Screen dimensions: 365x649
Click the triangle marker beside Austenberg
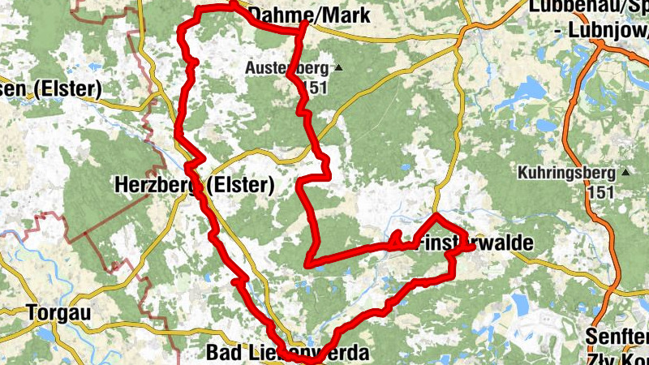tap(338, 68)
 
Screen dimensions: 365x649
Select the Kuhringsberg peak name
tap(568, 173)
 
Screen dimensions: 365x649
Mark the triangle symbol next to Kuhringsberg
tap(625, 172)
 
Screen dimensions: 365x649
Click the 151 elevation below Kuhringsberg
tap(600, 191)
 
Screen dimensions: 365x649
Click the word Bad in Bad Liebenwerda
tap(222, 353)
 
